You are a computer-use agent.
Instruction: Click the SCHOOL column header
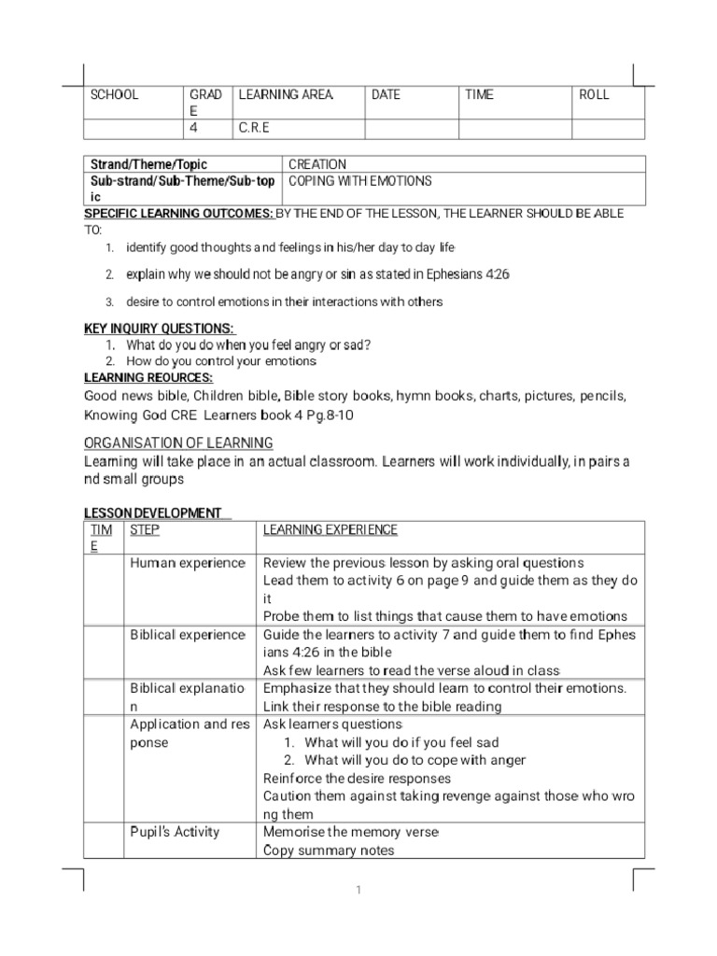pos(114,95)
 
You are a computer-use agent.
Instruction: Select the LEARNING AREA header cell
pos(285,95)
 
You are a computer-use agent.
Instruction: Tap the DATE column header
pos(386,95)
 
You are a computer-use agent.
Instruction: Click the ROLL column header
pos(594,95)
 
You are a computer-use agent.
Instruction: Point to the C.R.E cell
pos(254,128)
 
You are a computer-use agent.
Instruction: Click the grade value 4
pos(194,128)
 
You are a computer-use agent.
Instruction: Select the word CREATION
pos(317,165)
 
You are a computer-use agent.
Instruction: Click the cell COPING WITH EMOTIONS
pos(359,181)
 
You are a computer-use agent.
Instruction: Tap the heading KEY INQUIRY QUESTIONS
pos(160,329)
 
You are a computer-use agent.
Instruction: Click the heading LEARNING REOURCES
pos(148,376)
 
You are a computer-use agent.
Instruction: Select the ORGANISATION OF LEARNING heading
pos(178,443)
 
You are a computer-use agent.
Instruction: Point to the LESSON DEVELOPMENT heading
pos(153,513)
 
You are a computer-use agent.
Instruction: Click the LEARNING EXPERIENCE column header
pos(330,530)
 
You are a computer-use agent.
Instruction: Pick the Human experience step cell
pos(187,563)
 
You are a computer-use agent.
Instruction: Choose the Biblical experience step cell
pos(187,635)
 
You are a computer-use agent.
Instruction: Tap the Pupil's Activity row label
pos(175,832)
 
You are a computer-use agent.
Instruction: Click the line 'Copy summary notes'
pos(329,851)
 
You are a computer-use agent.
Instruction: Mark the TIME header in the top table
pos(479,95)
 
